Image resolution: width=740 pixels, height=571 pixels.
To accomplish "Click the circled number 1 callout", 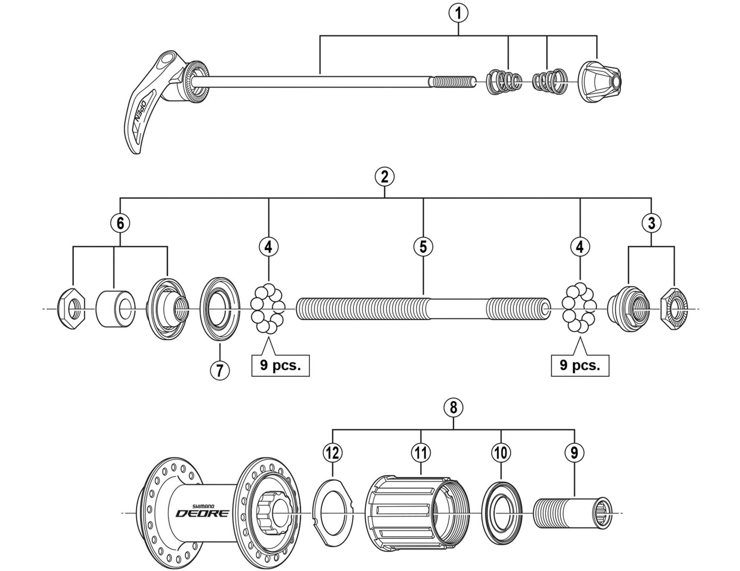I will (x=458, y=13).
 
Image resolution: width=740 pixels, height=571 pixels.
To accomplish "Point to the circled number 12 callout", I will (x=333, y=452).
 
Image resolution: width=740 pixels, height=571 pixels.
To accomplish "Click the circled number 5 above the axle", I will (x=423, y=246).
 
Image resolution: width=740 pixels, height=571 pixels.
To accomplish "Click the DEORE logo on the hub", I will (x=202, y=513).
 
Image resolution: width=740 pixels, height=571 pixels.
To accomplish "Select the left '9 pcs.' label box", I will (x=280, y=365).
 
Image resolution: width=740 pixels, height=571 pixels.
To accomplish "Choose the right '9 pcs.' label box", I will (x=580, y=365).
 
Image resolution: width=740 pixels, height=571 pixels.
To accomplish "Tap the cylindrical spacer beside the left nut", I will (x=115, y=309).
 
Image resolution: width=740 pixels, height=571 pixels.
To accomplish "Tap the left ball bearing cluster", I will (x=267, y=309).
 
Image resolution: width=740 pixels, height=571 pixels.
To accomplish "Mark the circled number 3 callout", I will (x=651, y=223).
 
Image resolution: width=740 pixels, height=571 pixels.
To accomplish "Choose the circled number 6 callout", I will (x=120, y=223).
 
